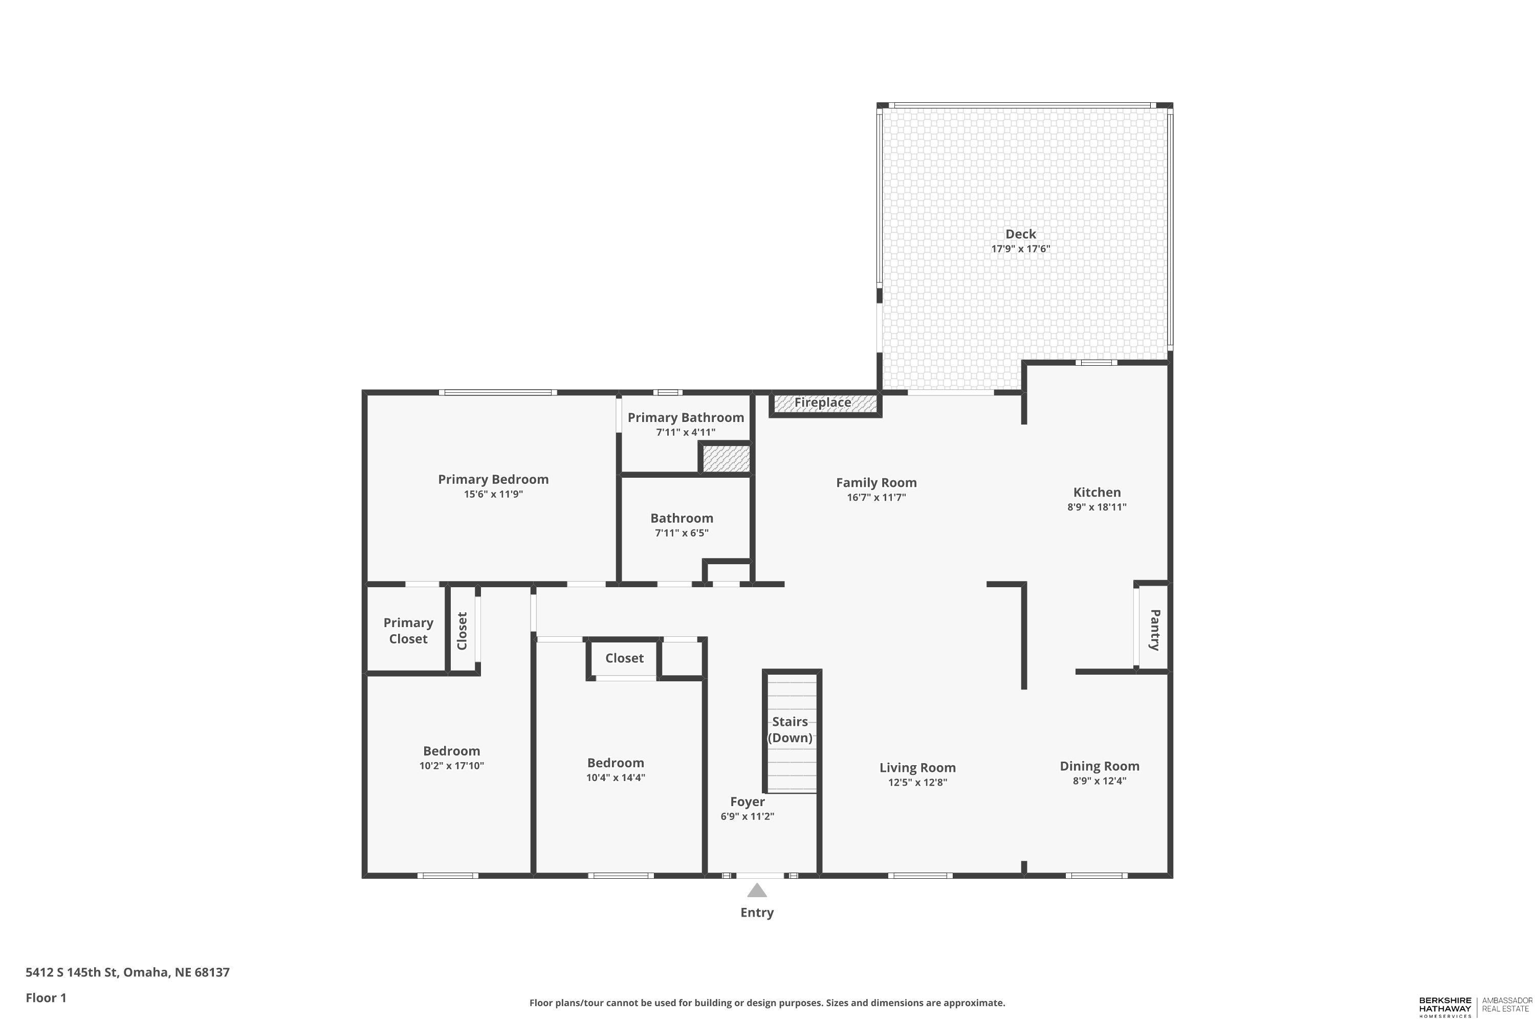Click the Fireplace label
tap(822, 403)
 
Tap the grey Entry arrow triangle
tap(757, 891)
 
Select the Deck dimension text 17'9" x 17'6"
tap(1021, 249)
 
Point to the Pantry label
tap(1154, 630)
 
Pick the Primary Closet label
tap(408, 631)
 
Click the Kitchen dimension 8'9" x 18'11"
tap(1097, 507)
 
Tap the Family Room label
tap(876, 483)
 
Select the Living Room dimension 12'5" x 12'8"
tap(917, 782)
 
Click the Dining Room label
tap(1100, 766)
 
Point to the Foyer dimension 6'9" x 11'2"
tap(747, 816)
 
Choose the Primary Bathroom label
tap(686, 417)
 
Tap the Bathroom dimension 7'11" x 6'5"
tap(682, 533)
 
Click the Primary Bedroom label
tap(493, 480)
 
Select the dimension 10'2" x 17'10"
tap(452, 765)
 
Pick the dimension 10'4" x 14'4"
tap(616, 777)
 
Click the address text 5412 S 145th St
tap(71, 972)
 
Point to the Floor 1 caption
tap(46, 997)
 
